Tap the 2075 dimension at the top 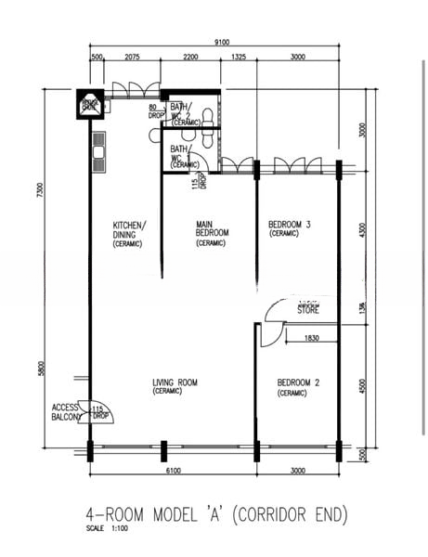coord(130,58)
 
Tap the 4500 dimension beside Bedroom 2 coord(363,384)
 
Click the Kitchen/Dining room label coord(129,230)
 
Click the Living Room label coord(175,386)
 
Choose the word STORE coord(308,311)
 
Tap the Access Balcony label coord(66,412)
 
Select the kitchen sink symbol coord(97,149)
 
